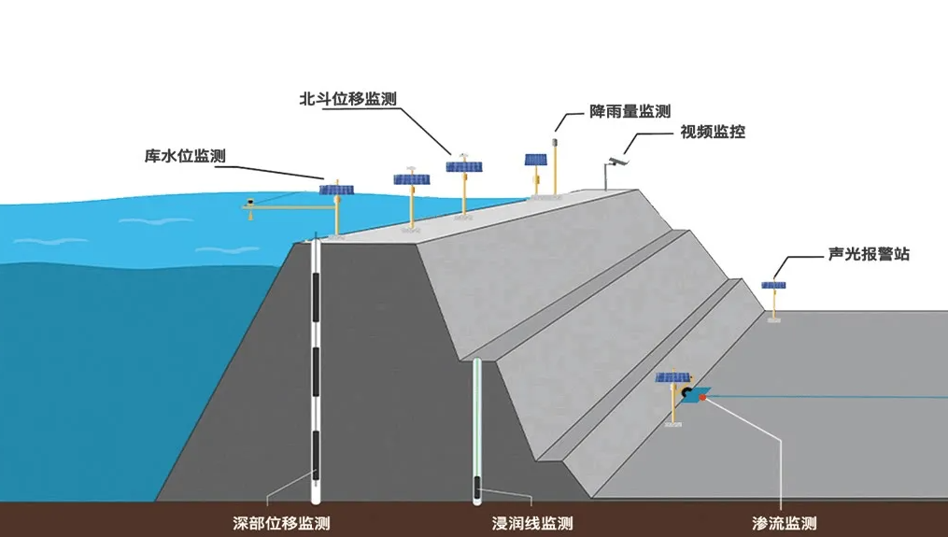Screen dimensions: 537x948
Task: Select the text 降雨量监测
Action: (629, 111)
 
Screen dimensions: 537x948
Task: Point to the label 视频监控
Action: (713, 133)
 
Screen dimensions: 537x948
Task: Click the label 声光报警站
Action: (869, 254)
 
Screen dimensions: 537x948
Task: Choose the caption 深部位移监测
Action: (281, 523)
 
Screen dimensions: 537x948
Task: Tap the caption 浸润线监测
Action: (532, 523)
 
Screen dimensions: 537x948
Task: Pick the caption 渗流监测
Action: (785, 523)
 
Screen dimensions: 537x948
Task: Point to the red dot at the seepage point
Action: (701, 399)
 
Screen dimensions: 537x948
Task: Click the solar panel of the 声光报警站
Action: (773, 284)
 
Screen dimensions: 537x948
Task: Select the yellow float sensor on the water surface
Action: (250, 203)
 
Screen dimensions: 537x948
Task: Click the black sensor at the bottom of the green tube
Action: (476, 488)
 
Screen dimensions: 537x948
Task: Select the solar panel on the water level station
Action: (335, 190)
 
